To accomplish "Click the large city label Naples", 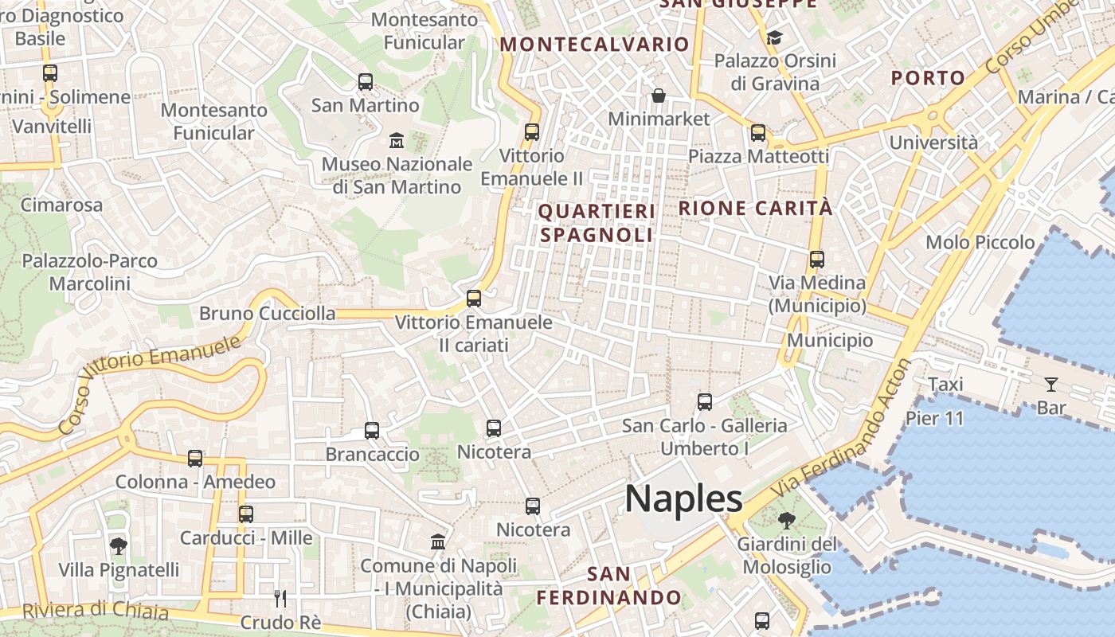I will pyautogui.click(x=683, y=499).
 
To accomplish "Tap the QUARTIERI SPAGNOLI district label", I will pyautogui.click(x=597, y=223).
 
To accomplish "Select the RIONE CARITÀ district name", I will pyautogui.click(x=755, y=209).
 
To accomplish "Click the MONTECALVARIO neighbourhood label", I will pyautogui.click(x=594, y=45).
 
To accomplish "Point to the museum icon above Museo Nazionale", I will pyautogui.click(x=396, y=141).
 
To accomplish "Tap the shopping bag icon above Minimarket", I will pyautogui.click(x=659, y=96).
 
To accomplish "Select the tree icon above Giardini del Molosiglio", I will pyautogui.click(x=786, y=522).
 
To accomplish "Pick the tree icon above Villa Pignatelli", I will pyautogui.click(x=119, y=546).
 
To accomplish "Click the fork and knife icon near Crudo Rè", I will pyautogui.click(x=280, y=598).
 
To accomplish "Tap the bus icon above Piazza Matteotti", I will pyautogui.click(x=758, y=133).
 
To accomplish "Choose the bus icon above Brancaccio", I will pyautogui.click(x=371, y=431).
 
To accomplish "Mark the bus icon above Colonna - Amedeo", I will pyautogui.click(x=195, y=459).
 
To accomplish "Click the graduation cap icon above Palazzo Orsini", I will pyautogui.click(x=774, y=38).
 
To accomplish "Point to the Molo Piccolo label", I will pyautogui.click(x=980, y=242).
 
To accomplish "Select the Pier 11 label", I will pyautogui.click(x=935, y=418).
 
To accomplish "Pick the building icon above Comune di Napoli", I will pyautogui.click(x=438, y=542).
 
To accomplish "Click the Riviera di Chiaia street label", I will pyautogui.click(x=96, y=612).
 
